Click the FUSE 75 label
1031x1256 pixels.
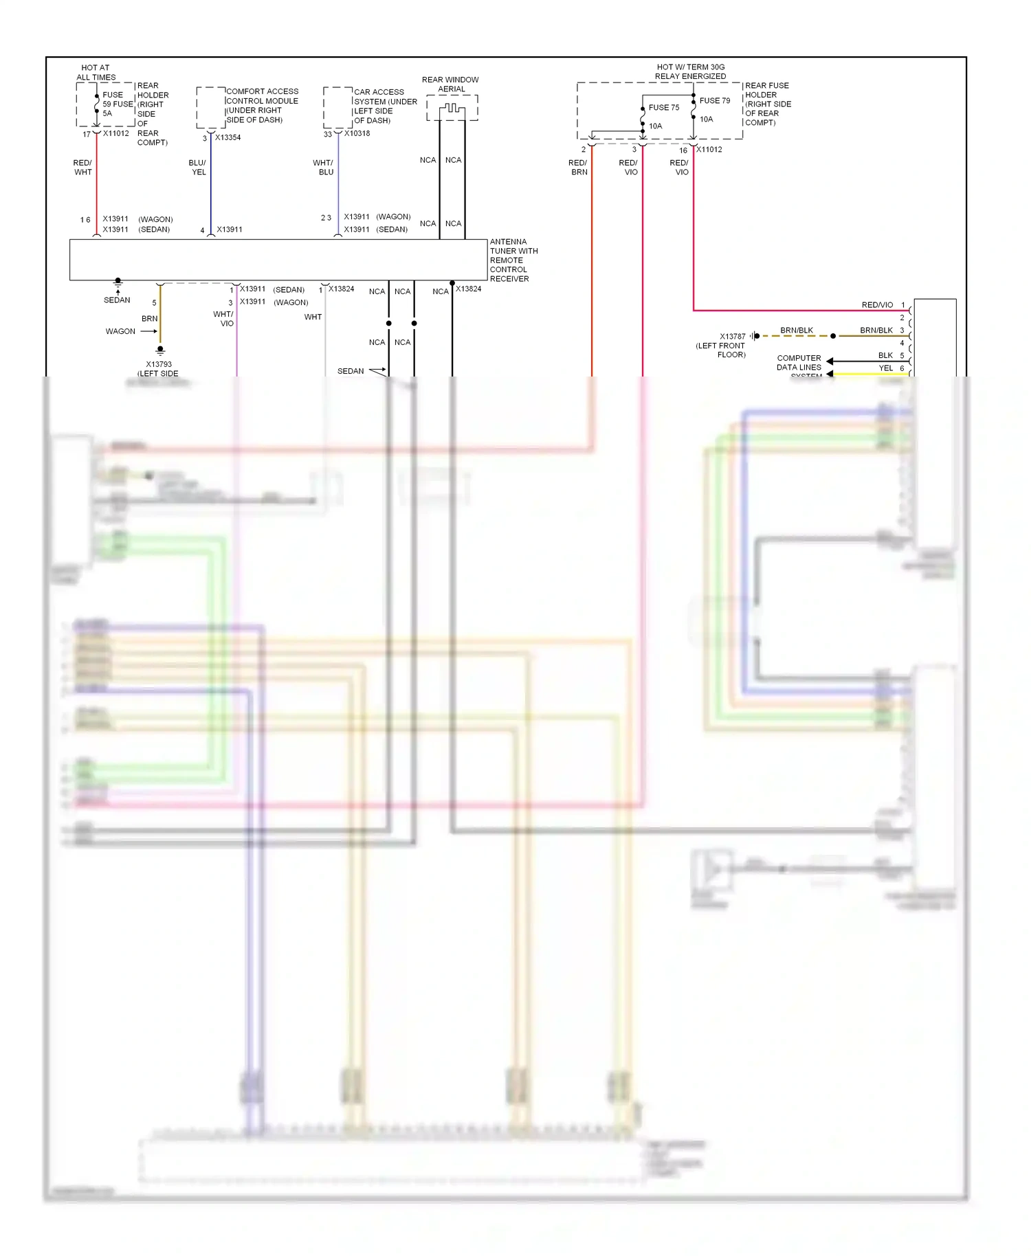(663, 107)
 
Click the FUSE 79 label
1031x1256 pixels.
(715, 100)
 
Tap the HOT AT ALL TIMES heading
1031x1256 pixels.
(96, 72)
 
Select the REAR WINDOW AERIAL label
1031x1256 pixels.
(450, 84)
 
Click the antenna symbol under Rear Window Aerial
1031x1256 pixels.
(452, 109)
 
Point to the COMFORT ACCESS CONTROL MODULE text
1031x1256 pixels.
(262, 105)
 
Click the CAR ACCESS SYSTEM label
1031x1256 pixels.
(385, 106)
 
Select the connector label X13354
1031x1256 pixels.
(228, 137)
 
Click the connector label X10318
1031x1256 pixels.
(357, 133)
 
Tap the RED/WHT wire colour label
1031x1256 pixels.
(82, 168)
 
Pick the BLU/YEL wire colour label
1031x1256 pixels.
(197, 168)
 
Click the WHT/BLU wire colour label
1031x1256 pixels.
(323, 168)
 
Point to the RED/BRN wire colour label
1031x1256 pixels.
(578, 168)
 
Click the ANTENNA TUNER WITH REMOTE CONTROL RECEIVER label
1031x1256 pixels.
(513, 260)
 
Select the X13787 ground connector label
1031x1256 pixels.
(732, 336)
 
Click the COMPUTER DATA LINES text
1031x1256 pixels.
(799, 362)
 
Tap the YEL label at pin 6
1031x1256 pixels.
(885, 368)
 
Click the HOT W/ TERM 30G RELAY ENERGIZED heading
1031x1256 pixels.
(690, 71)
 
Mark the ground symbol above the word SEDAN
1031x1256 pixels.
(118, 281)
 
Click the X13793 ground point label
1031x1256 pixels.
(159, 364)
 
